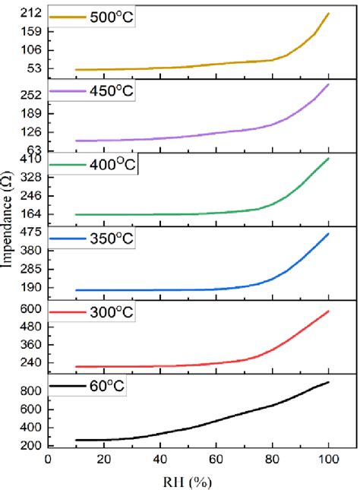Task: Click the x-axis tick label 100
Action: click(x=328, y=460)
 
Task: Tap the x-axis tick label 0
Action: click(x=48, y=460)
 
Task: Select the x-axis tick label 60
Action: click(x=216, y=460)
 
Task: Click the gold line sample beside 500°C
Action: click(x=65, y=15)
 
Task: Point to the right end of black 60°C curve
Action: click(x=328, y=382)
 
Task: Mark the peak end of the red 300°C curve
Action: click(x=328, y=311)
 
